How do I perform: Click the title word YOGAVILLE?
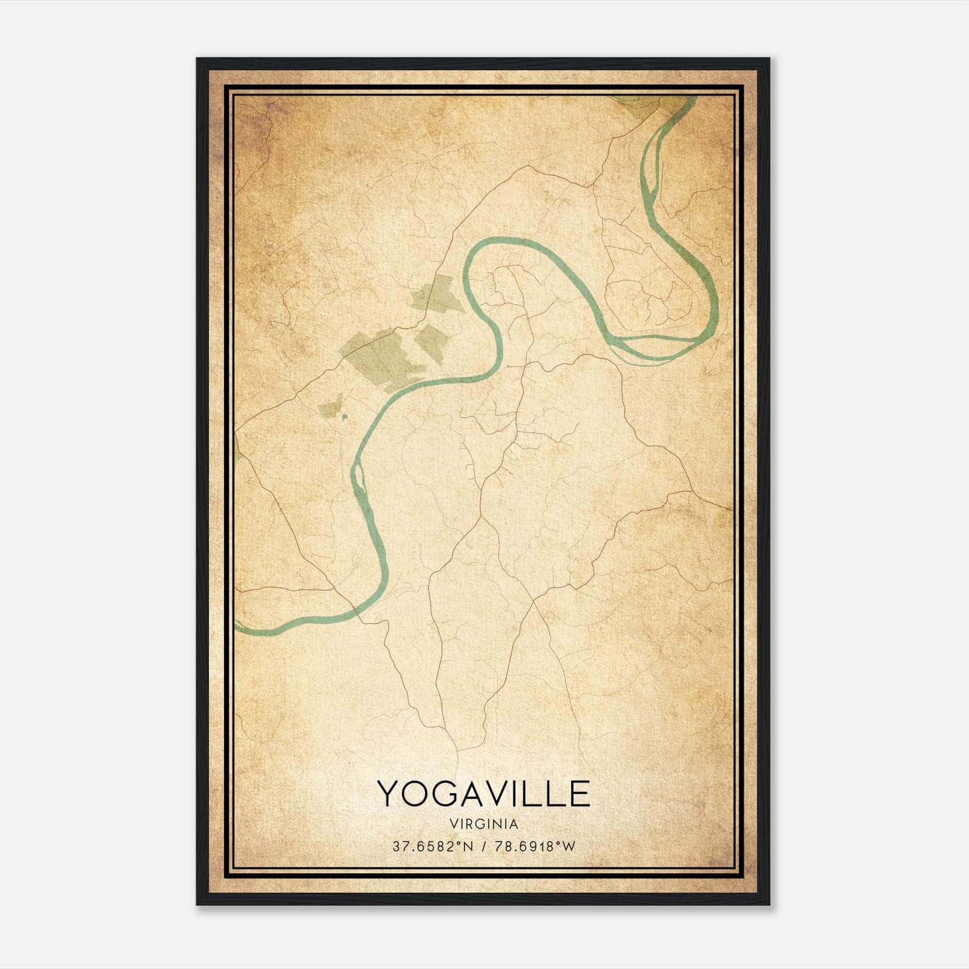(x=483, y=793)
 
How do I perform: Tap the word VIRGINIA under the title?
(x=483, y=824)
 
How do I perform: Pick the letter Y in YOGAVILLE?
(x=388, y=793)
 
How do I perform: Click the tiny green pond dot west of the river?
(x=345, y=417)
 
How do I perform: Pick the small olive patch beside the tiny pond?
(x=331, y=408)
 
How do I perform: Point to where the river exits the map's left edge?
(x=237, y=623)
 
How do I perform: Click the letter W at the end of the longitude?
(x=568, y=847)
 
